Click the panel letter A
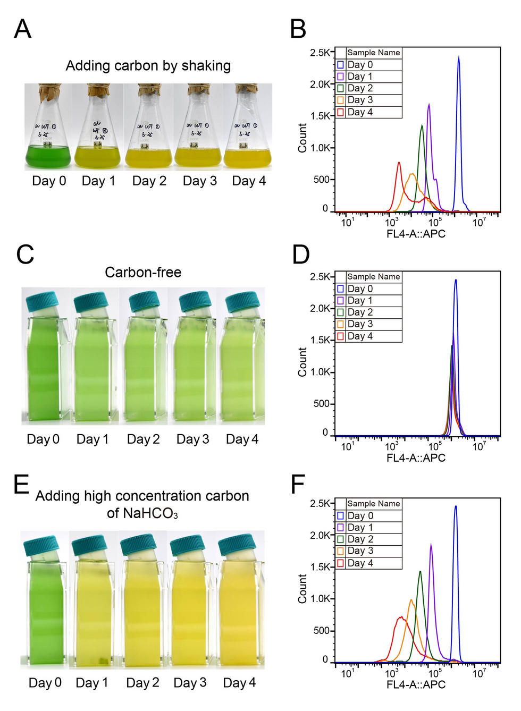point(22,29)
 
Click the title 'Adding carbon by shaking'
point(148,66)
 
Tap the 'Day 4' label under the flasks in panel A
point(249,181)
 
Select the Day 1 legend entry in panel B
point(360,77)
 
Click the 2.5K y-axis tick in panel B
point(320,53)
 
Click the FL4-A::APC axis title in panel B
point(416,234)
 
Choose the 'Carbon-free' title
point(143,273)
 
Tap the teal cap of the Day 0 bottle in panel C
point(42,301)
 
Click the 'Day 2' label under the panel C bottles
point(143,439)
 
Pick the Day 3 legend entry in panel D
point(360,324)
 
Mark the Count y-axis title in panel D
point(302,362)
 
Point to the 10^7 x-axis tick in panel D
point(478,447)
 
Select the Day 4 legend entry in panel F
point(360,563)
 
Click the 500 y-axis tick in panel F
point(321,631)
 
